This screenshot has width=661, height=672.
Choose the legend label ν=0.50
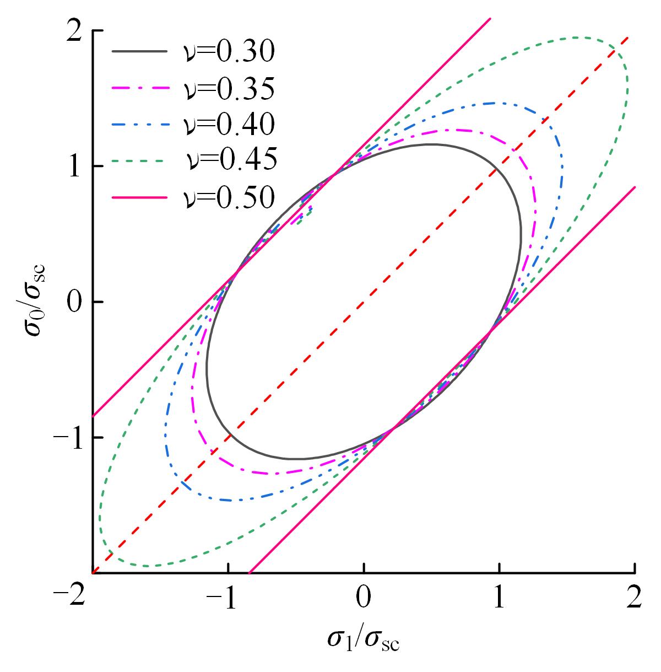228,197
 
